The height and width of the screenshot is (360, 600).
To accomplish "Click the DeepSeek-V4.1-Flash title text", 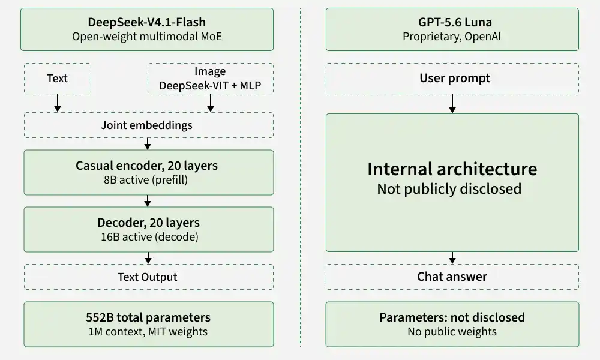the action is [147, 22].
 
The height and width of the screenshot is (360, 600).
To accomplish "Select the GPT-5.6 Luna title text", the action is [455, 22].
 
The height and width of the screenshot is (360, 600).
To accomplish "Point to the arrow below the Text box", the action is [58, 103].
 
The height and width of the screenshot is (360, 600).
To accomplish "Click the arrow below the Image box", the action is [211, 103].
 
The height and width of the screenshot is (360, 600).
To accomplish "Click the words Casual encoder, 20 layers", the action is [146, 166].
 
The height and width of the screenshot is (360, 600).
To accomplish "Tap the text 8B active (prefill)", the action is [146, 180].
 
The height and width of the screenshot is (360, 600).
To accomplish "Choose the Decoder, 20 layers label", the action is [148, 223].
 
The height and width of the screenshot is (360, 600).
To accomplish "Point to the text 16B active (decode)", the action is [149, 237].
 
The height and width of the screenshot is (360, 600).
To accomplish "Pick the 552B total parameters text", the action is [148, 317].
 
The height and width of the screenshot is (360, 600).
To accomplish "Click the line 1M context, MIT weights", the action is [148, 332].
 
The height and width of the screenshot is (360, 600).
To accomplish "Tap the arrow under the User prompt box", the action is [452, 104].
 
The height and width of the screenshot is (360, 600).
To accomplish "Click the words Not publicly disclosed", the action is [449, 189].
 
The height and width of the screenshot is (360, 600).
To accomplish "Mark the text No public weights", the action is [452, 332].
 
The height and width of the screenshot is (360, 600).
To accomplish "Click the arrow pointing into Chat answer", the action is [452, 258].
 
